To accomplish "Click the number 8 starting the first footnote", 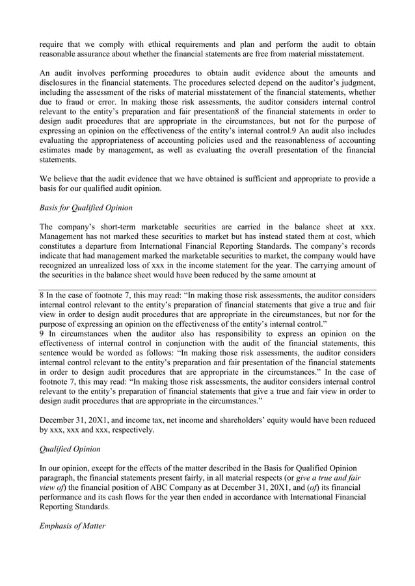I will pos(42,294).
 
